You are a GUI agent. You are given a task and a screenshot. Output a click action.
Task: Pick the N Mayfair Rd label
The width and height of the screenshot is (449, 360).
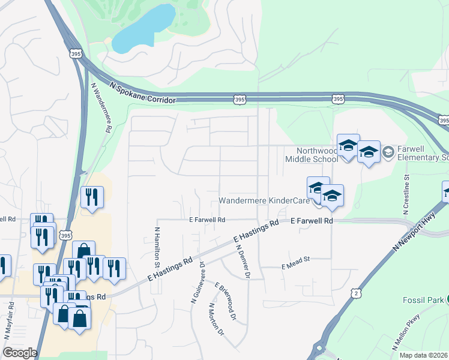pyautogui.click(x=11, y=317)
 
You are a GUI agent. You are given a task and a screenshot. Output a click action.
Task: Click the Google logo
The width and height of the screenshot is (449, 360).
pyautogui.click(x=20, y=353)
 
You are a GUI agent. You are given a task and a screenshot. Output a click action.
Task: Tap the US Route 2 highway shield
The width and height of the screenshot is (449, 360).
pyautogui.click(x=357, y=293)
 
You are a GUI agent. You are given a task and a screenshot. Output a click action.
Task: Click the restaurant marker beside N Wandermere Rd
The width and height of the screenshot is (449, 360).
pyautogui.click(x=92, y=196)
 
